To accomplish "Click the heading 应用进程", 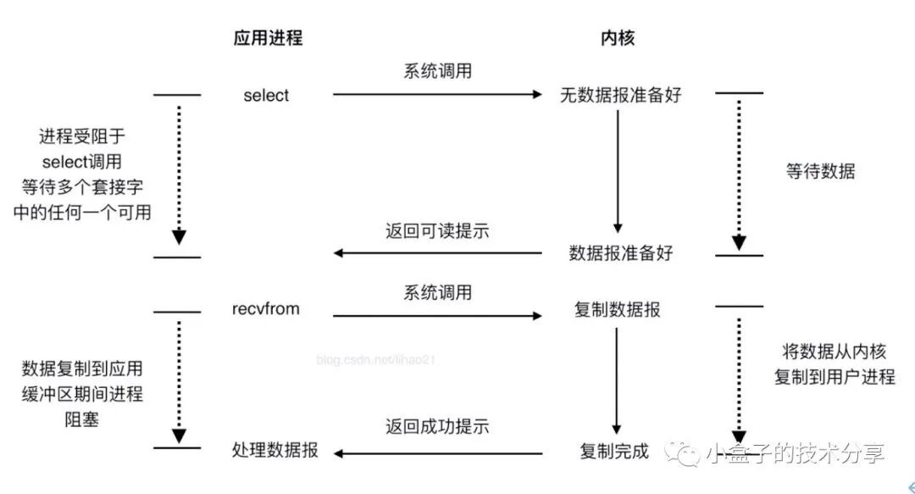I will coord(268,38).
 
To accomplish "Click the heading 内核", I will coord(617,38).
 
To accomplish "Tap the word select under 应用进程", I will coord(266,96).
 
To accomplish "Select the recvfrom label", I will coord(266,309).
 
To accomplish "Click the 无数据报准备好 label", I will coord(620,95).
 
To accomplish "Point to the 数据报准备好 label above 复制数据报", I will coord(620,253).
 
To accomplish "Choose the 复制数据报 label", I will coord(617,310).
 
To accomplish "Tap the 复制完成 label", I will coord(614,451).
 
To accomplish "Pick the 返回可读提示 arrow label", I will coord(437,230).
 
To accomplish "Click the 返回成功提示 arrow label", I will coord(437,426).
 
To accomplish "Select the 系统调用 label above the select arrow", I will coord(437,71).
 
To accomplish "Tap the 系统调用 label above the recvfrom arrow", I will coord(437,293).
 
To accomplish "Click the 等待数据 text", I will coord(820,172).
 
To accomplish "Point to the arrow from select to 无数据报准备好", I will coord(436,95).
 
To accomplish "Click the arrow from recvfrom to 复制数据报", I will coord(436,316).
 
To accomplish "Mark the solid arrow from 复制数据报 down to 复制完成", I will coord(617,380).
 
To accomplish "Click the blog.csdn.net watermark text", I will coord(376,360).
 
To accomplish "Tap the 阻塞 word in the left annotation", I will coord(81,419).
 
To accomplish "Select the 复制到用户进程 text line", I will coord(834,377).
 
